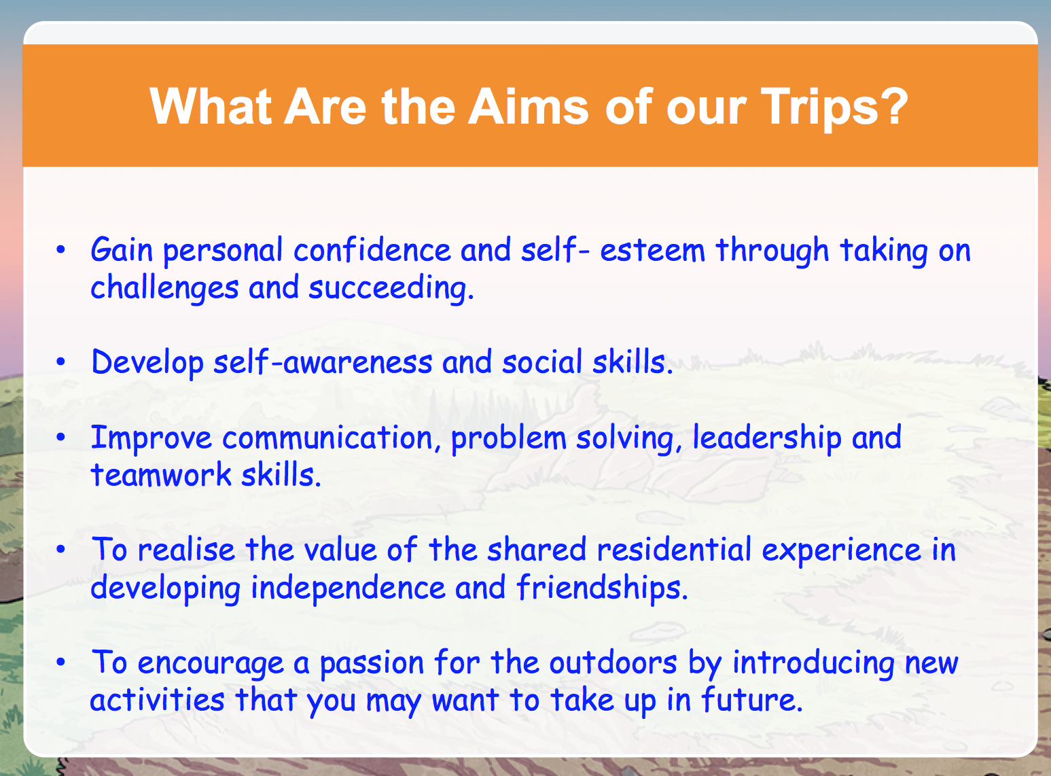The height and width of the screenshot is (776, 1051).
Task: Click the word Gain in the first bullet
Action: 122,249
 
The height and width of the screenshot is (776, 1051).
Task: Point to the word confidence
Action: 372,249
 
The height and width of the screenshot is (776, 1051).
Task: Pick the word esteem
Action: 652,250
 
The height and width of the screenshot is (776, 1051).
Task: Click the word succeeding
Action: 391,288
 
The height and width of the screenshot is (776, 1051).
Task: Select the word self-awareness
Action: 323,361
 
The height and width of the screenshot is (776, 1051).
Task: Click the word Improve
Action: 151,438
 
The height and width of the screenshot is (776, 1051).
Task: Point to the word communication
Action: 327,437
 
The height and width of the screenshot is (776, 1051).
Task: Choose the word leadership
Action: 767,438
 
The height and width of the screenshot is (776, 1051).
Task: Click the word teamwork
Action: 161,474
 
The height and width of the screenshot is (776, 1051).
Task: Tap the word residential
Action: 674,550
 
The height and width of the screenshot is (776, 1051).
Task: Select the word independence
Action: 348,588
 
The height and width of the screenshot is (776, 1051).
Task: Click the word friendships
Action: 602,588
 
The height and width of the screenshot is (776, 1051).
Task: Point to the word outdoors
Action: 613,663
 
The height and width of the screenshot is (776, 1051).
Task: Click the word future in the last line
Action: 751,699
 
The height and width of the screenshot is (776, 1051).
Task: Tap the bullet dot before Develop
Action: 60,361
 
